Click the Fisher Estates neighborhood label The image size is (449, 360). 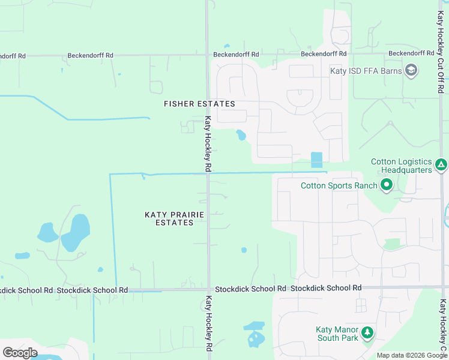199,104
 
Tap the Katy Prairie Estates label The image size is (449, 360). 174,218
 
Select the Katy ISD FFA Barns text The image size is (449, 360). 366,71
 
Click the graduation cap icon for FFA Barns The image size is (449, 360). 411,71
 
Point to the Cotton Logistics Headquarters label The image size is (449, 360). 401,166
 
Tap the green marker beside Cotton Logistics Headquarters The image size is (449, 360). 441,164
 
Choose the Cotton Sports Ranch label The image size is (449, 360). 339,185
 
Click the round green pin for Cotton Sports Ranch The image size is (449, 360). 386,185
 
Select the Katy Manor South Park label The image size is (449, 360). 337,334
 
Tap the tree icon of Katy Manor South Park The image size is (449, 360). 367,332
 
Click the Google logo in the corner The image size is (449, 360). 20,353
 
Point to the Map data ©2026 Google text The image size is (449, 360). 412,355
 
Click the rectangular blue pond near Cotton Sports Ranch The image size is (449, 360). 316,160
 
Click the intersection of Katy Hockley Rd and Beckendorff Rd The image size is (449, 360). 207,55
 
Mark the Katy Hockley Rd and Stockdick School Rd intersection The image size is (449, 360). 208,289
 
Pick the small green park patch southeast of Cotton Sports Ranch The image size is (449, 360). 392,244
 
